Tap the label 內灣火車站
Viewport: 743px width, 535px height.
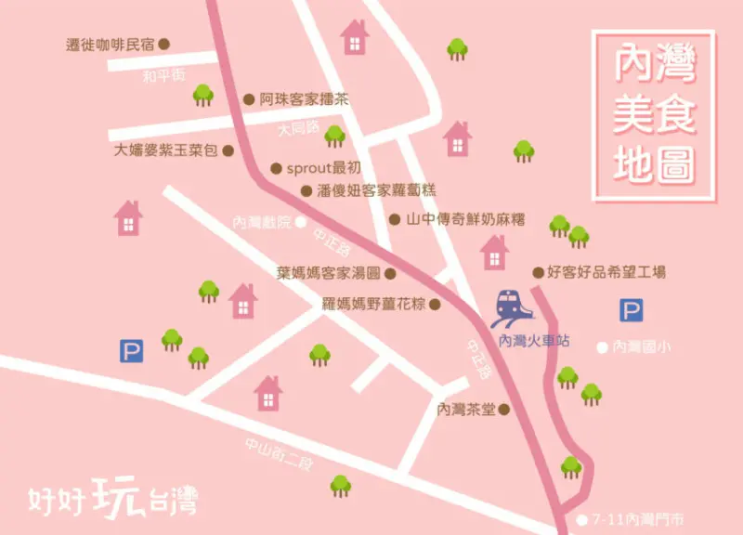click(x=534, y=342)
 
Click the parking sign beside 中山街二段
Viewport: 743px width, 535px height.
click(x=131, y=350)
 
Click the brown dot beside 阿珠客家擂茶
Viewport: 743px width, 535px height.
click(x=248, y=98)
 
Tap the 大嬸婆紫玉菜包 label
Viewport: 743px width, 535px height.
click(x=165, y=150)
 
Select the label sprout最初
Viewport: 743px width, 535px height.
click(x=322, y=168)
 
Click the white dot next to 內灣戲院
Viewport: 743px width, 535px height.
click(x=302, y=223)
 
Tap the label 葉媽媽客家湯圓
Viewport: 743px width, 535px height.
click(x=329, y=273)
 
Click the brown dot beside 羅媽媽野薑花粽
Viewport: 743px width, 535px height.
click(x=434, y=303)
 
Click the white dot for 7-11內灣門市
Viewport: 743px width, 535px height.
click(x=582, y=520)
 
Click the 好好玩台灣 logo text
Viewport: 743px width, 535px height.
click(x=112, y=496)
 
